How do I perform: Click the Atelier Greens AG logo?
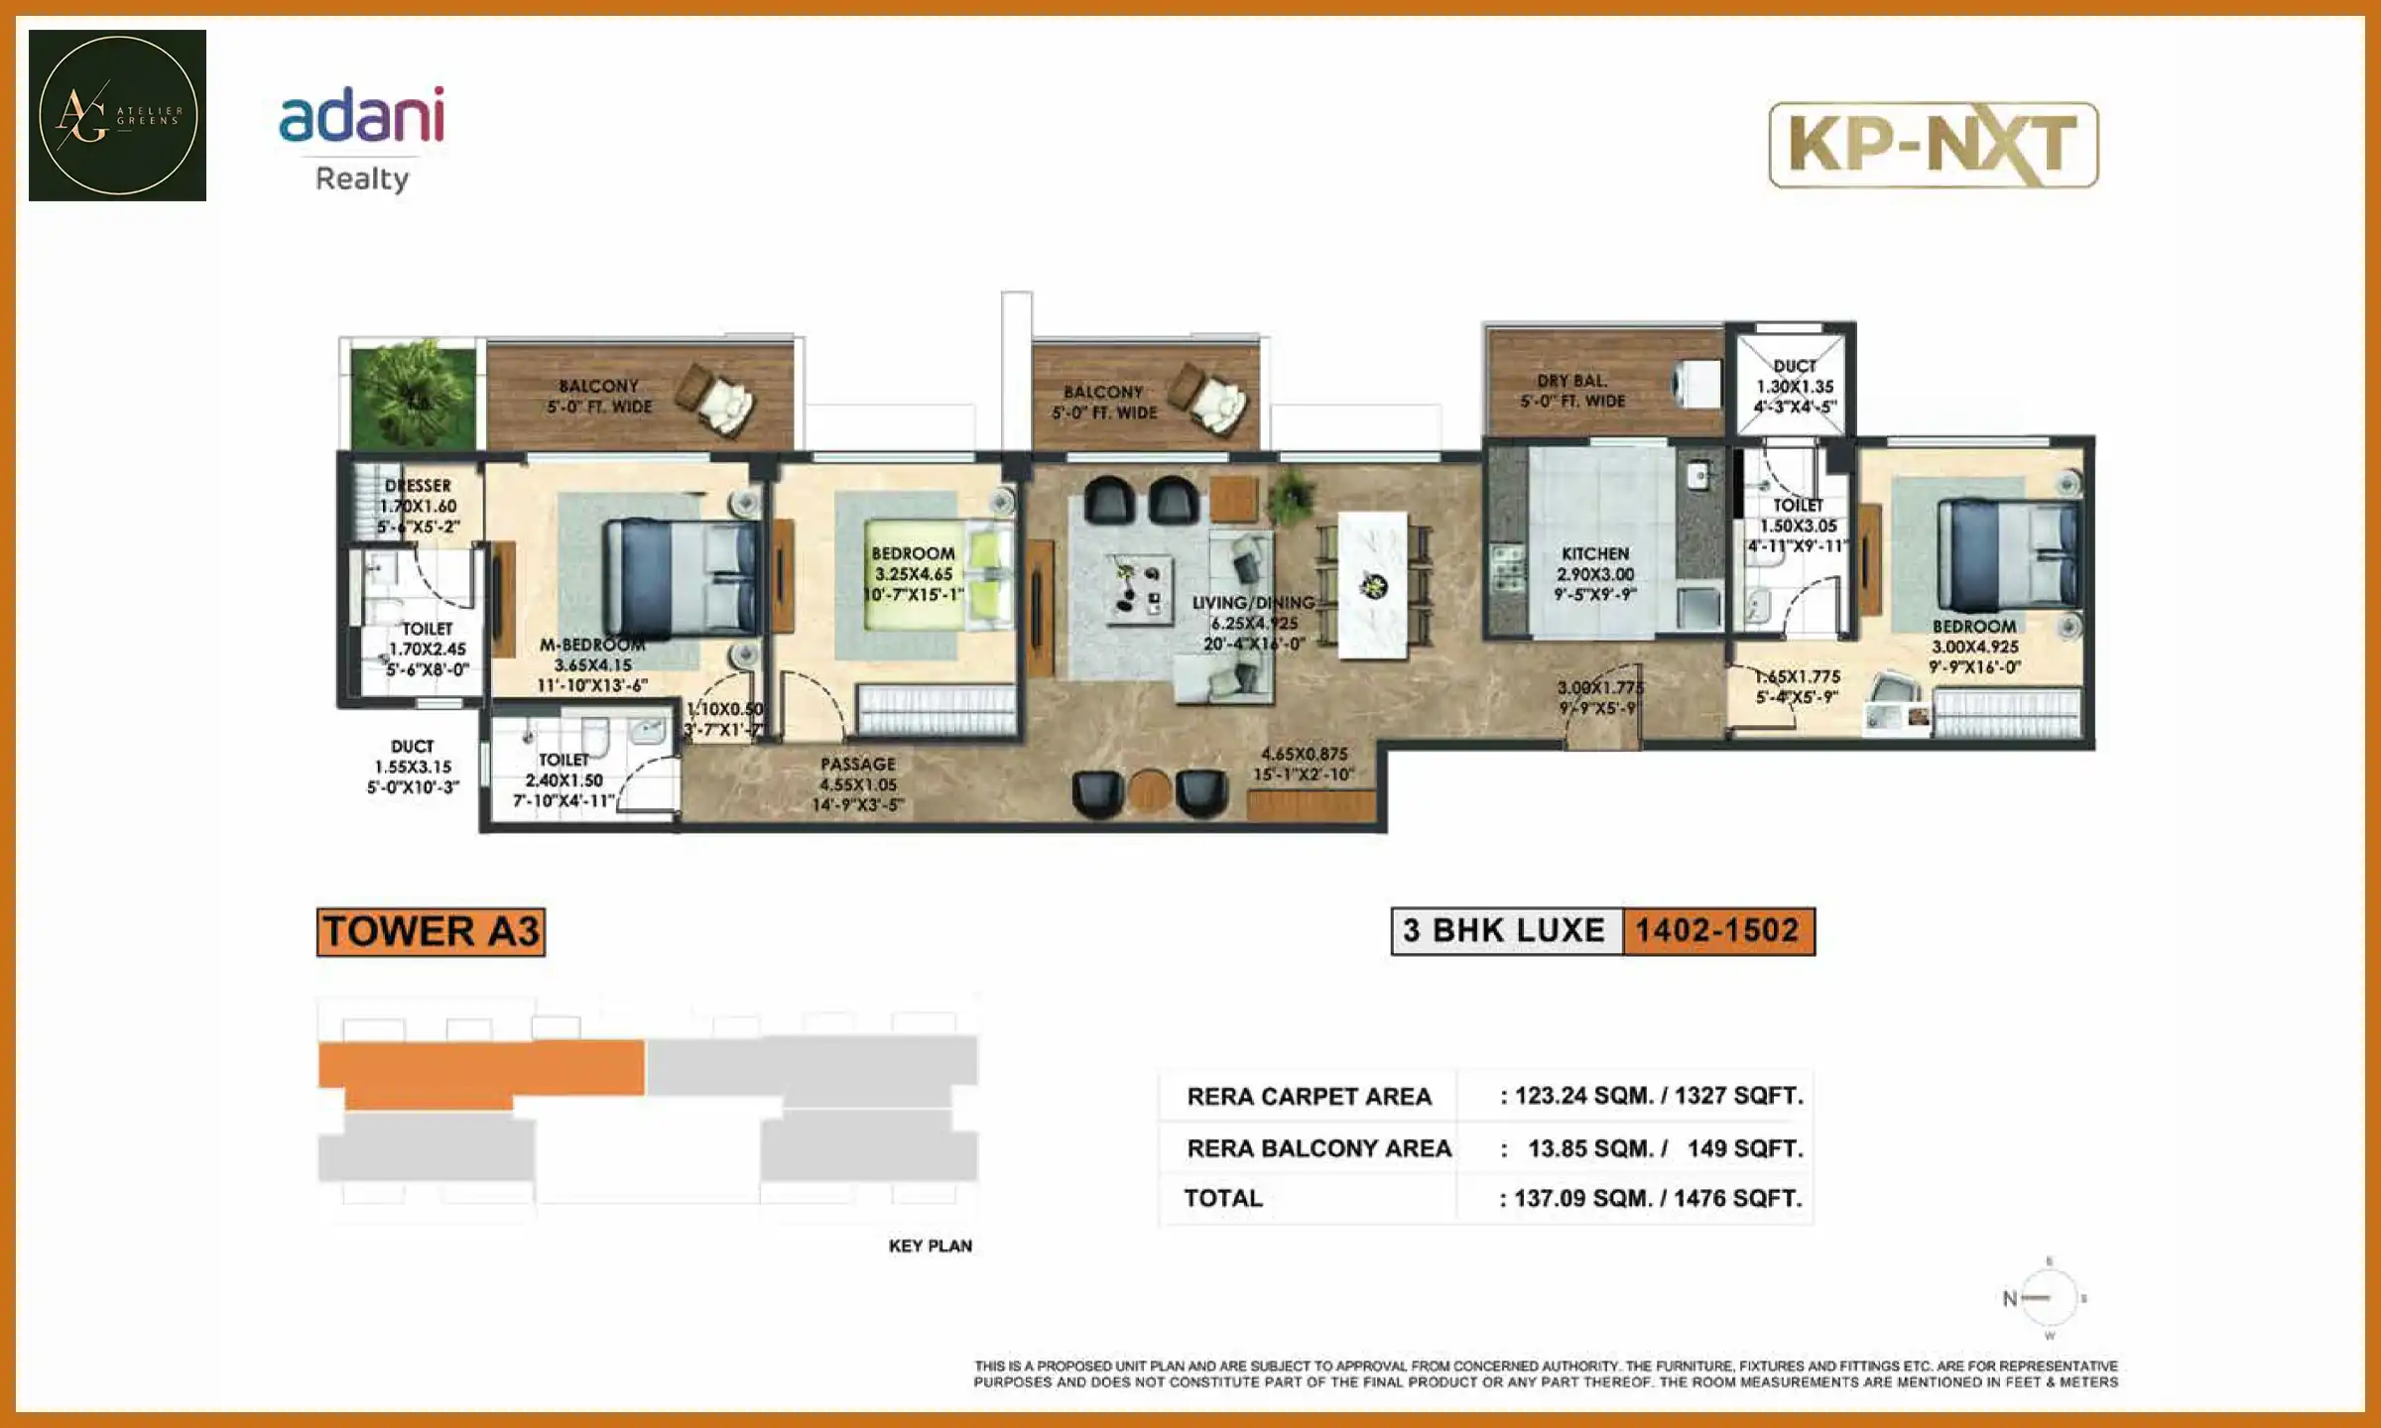(117, 115)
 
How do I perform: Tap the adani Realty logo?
(362, 138)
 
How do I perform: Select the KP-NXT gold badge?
(1933, 145)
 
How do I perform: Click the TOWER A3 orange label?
(431, 932)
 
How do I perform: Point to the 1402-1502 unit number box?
(1717, 931)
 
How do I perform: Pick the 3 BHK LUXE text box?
(1505, 931)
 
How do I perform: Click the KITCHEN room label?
(1594, 553)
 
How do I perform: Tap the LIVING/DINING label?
(1253, 603)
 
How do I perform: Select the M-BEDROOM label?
(592, 645)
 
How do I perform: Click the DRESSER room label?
(418, 486)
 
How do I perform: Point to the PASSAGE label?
(858, 765)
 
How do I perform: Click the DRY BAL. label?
(1572, 381)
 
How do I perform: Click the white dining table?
(1372, 584)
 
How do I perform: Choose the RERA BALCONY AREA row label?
(1318, 1148)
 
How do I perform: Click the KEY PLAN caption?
(930, 1246)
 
